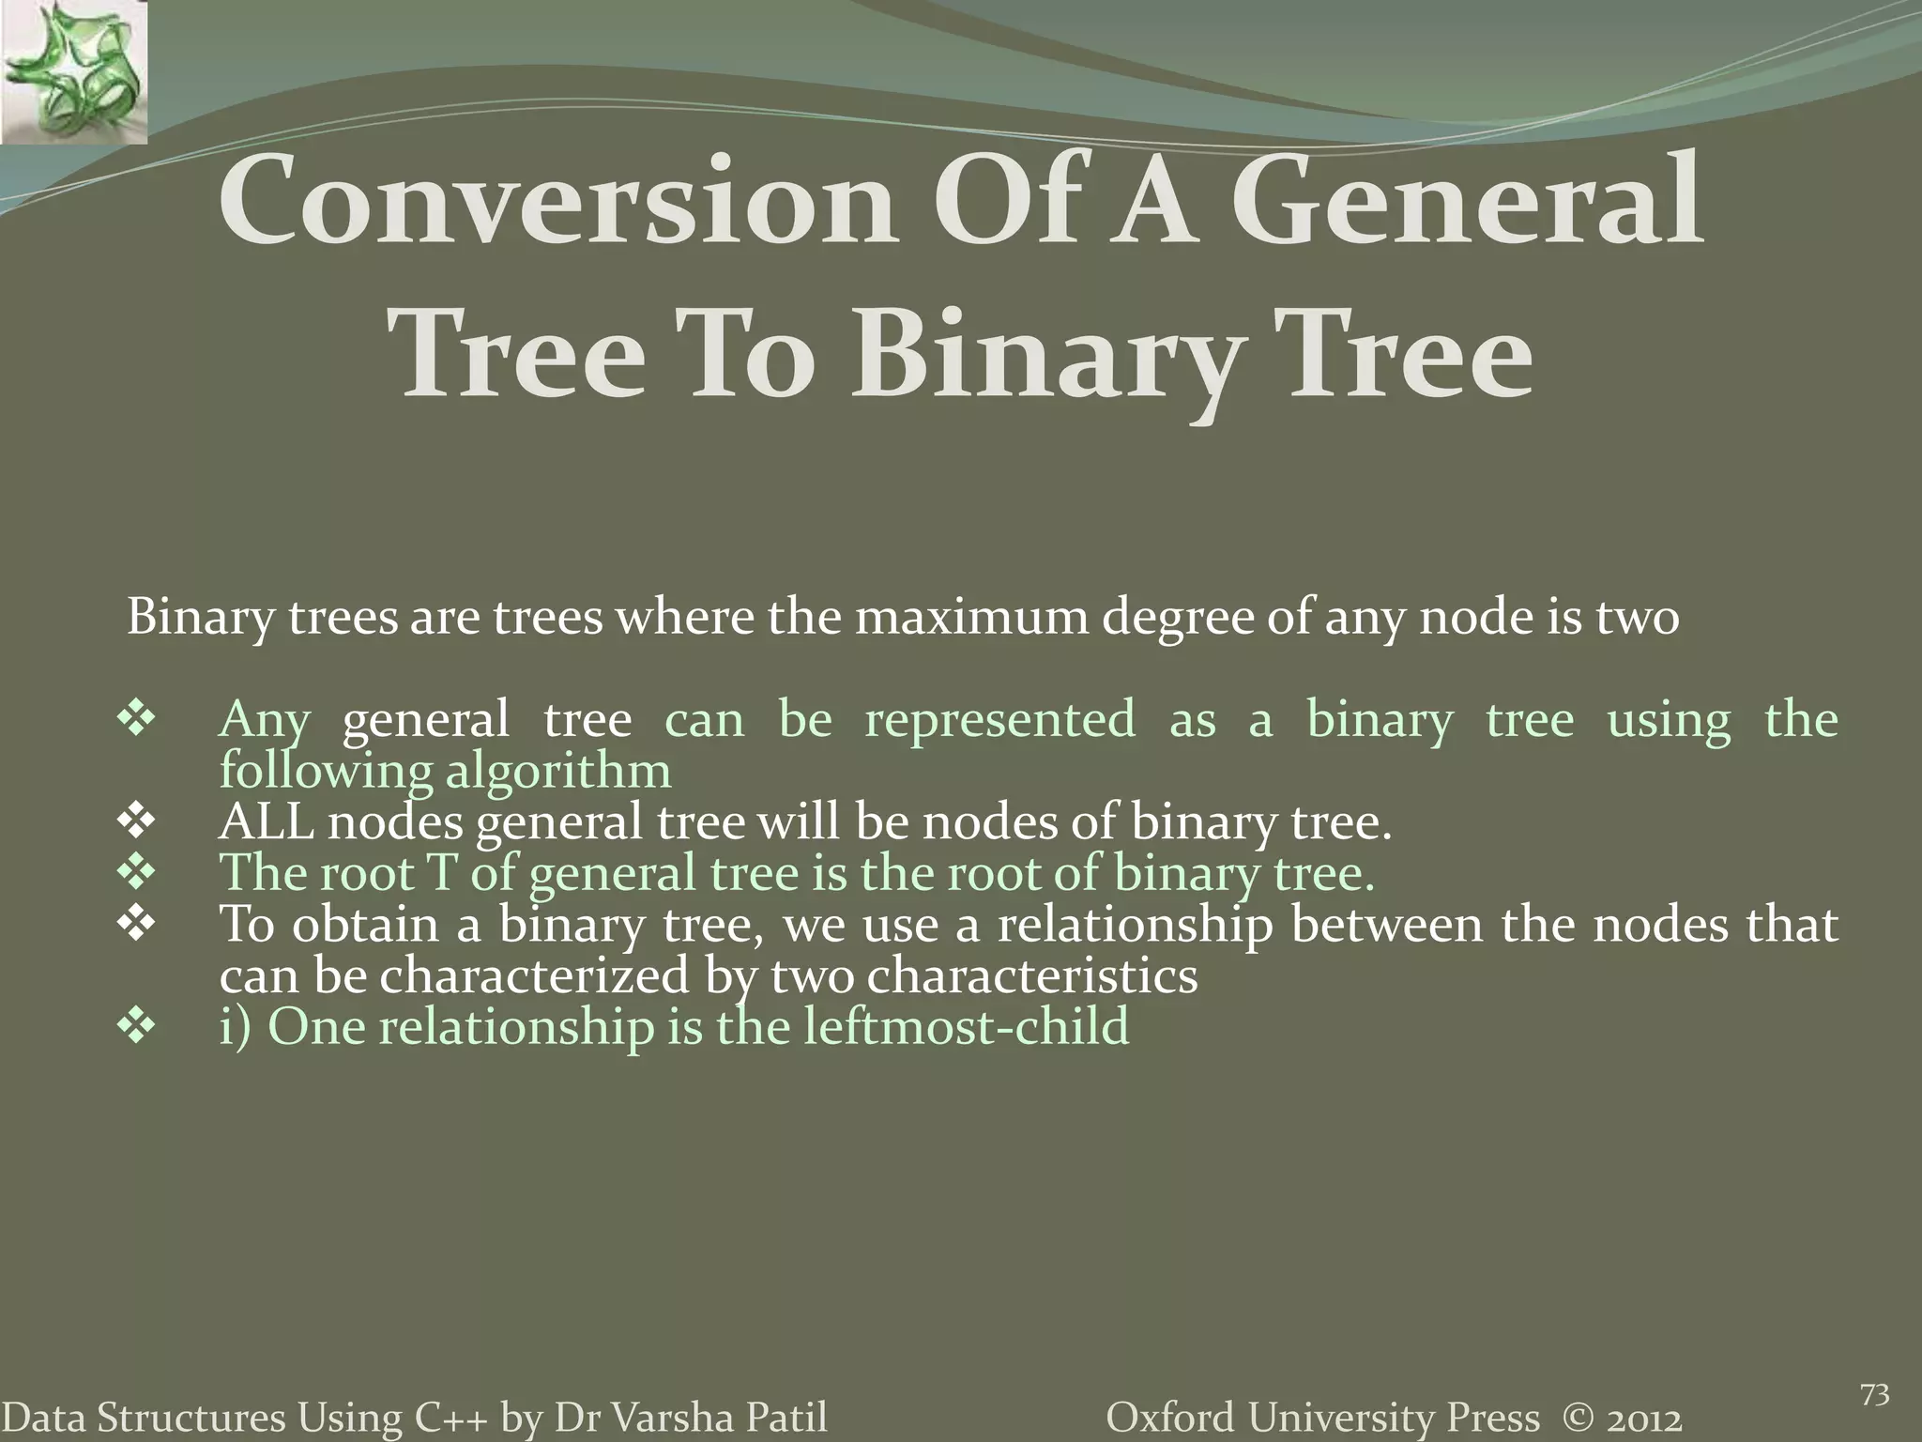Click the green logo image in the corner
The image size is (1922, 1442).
click(73, 72)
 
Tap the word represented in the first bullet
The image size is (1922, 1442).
click(999, 721)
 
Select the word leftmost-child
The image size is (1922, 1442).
click(966, 1026)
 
